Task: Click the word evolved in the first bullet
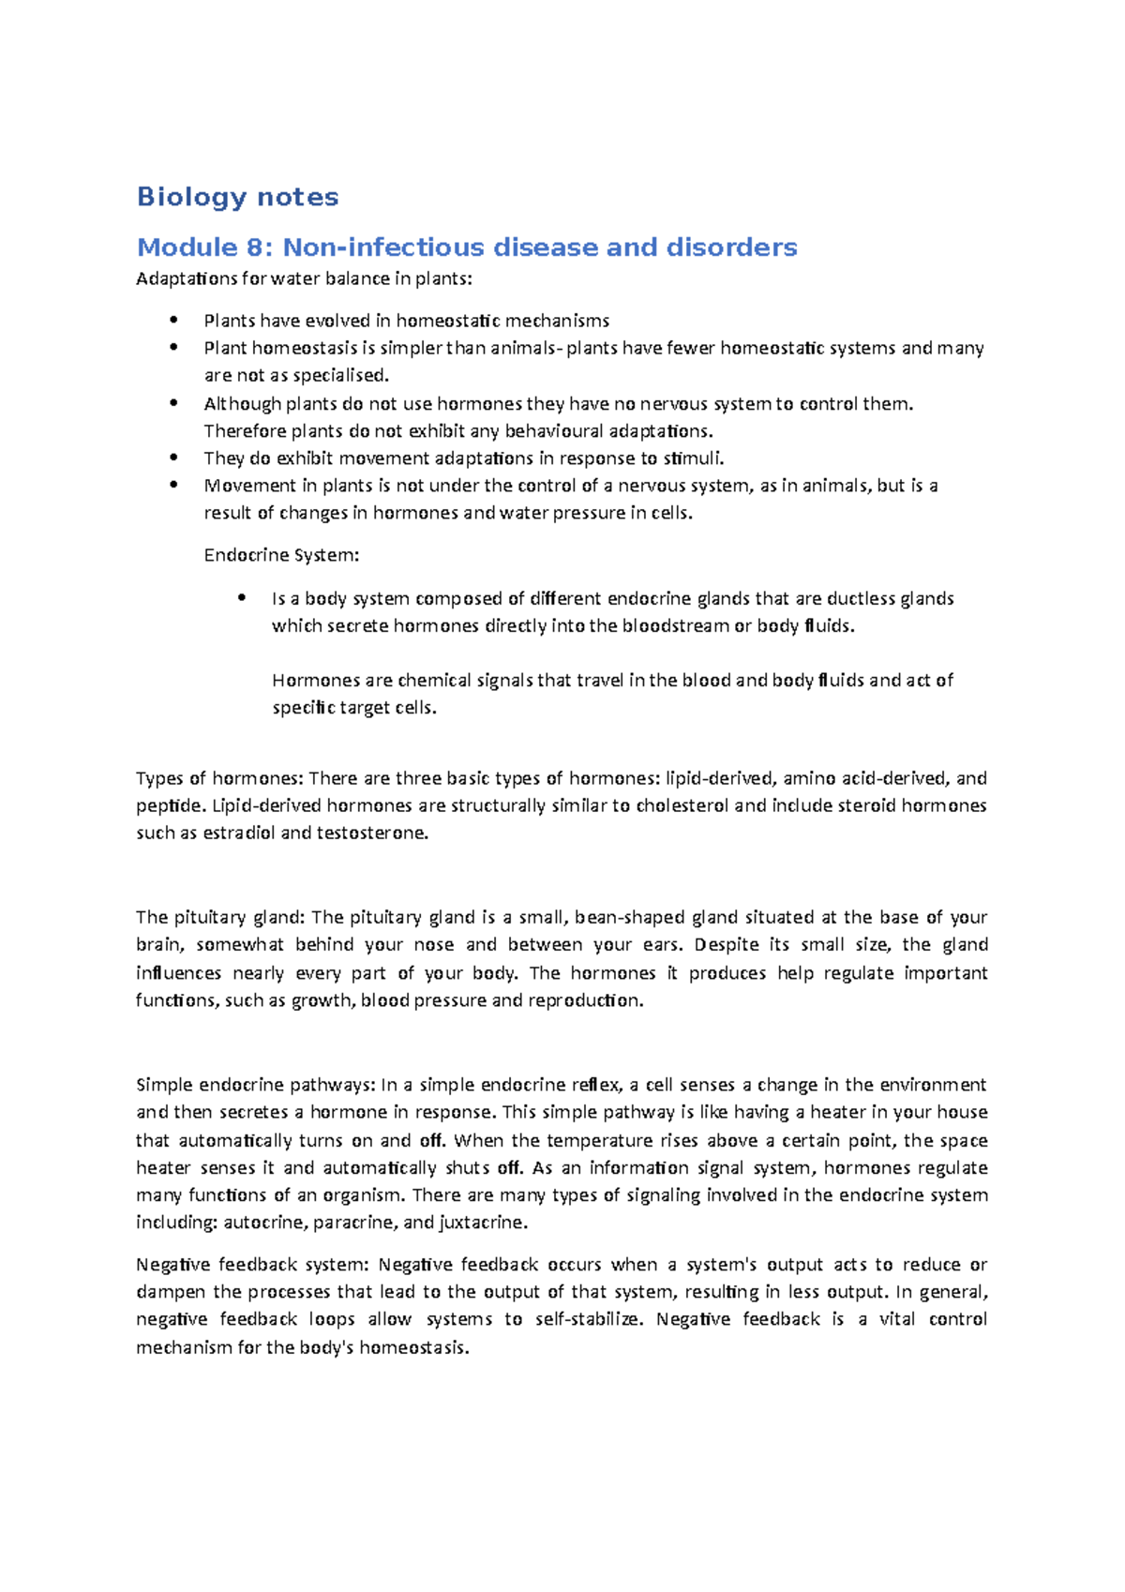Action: point(337,321)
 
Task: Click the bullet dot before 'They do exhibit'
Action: point(172,458)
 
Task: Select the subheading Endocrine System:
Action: point(281,555)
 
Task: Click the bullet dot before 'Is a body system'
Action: point(241,597)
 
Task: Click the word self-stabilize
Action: point(588,1319)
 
